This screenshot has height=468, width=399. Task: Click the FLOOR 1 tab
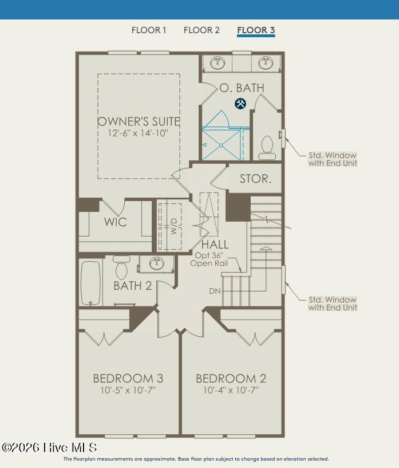148,30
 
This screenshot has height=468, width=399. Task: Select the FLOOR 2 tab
202,30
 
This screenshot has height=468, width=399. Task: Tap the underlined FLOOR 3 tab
256,30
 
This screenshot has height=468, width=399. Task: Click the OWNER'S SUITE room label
139,121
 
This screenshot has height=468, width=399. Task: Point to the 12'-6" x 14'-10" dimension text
138,133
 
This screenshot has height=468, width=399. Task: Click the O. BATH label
242,88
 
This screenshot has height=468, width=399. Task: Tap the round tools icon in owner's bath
240,104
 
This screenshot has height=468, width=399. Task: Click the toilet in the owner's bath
267,147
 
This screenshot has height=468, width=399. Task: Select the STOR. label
255,179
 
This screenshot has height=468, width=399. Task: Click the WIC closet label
116,222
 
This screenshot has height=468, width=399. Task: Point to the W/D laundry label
174,226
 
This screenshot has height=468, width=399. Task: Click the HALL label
215,245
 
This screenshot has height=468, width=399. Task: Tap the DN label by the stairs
215,290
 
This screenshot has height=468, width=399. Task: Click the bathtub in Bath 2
90,283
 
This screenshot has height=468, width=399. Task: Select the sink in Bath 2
157,264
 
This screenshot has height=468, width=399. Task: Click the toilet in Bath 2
121,267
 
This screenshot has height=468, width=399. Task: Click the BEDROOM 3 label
128,379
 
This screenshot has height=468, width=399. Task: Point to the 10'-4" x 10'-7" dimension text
231,390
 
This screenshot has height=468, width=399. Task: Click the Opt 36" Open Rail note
209,259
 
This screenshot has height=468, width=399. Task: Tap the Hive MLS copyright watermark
49,447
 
